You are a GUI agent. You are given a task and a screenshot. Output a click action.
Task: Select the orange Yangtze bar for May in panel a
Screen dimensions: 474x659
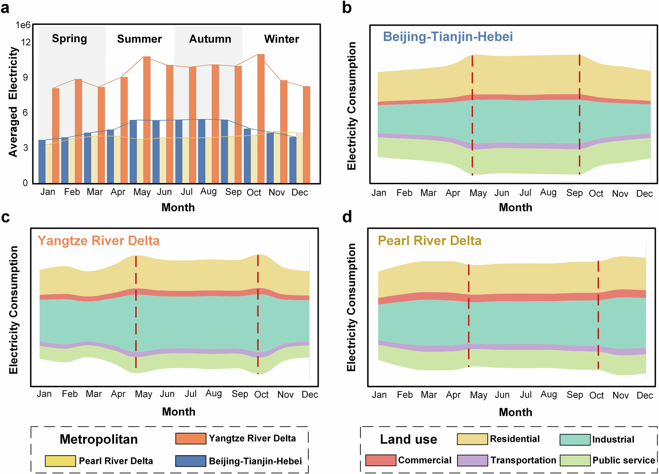pos(147,120)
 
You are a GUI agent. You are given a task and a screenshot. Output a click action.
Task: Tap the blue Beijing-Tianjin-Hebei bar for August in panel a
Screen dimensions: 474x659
pos(202,151)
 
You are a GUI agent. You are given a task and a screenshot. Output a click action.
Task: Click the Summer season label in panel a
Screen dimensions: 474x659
pos(139,39)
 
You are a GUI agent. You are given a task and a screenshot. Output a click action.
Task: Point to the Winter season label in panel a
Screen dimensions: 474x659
pos(281,39)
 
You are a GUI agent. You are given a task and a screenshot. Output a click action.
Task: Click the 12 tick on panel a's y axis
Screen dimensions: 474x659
pos(26,42)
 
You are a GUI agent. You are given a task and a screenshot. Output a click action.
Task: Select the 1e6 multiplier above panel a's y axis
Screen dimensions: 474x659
pos(23,25)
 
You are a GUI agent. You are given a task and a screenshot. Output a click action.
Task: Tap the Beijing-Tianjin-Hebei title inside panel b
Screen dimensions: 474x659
pos(448,37)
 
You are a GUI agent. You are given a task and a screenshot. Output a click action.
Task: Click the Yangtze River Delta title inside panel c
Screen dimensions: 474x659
pos(99,241)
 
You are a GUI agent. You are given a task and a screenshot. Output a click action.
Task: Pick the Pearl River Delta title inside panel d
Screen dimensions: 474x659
pos(429,241)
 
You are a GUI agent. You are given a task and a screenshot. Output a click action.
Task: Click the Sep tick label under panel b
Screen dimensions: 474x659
pos(574,193)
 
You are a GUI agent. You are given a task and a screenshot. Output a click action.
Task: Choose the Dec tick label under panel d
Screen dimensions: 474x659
pos(645,395)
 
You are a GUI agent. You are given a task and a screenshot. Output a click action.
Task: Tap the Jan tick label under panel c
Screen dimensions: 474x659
pos(44,394)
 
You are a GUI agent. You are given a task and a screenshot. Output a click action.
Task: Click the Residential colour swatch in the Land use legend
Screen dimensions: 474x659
pos(472,439)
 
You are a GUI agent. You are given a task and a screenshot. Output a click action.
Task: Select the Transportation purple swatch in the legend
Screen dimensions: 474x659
pos(472,460)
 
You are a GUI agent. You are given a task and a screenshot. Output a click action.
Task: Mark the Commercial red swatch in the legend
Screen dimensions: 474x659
pos(380,460)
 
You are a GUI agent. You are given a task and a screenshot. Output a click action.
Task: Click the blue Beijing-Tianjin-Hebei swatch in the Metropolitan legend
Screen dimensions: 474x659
pos(190,461)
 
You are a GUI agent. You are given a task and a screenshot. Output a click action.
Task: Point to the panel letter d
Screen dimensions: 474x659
pos(347,217)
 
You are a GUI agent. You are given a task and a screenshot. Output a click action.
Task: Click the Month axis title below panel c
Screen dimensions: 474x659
pos(179,412)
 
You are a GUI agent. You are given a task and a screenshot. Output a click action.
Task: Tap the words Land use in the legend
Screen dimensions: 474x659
pos(408,439)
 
